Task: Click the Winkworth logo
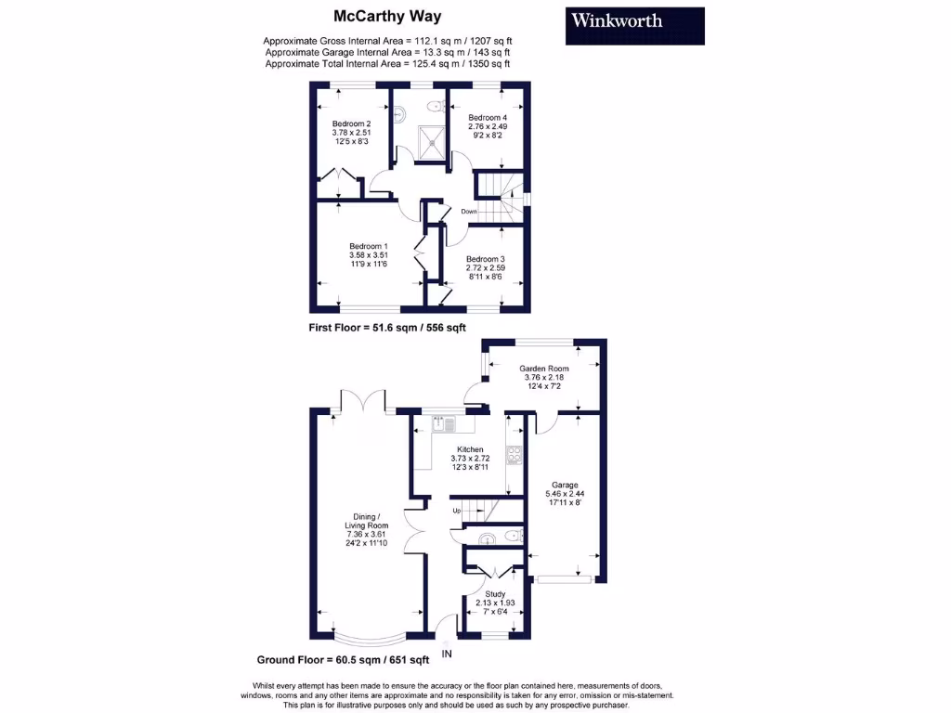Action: click(x=634, y=25)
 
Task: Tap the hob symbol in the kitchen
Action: click(x=513, y=455)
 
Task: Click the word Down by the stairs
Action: click(x=469, y=212)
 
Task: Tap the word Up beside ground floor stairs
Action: click(x=456, y=511)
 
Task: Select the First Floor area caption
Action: click(x=387, y=328)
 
